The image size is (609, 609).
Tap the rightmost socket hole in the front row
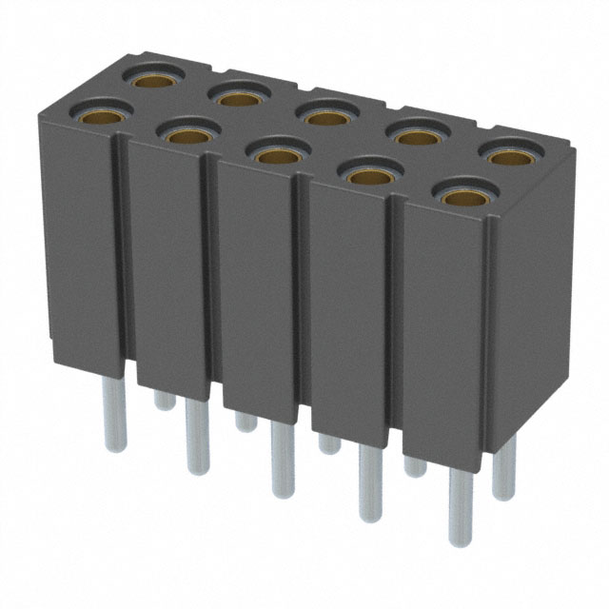point(462,198)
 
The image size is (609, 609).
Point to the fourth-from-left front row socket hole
point(368,176)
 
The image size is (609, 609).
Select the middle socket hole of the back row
point(325,117)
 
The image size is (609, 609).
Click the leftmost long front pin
point(115,414)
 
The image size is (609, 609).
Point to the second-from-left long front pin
point(197,437)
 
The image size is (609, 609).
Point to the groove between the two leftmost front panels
point(122,257)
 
